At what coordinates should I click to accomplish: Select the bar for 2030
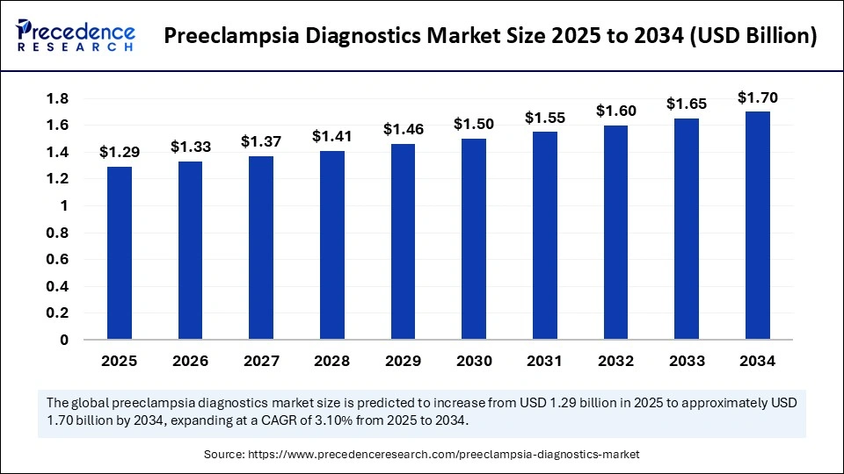click(x=474, y=239)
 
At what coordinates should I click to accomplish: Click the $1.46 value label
click(x=403, y=129)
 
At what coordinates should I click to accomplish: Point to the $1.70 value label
click(x=757, y=97)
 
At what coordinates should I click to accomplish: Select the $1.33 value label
click(x=191, y=147)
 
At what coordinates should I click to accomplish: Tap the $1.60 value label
click(x=615, y=111)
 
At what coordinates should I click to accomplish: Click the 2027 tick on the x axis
click(x=261, y=361)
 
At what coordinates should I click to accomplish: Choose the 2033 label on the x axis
click(x=687, y=361)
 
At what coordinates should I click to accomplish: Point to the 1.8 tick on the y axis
click(x=58, y=99)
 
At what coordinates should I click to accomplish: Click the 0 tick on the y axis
click(x=64, y=340)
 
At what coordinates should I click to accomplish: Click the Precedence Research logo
click(x=76, y=36)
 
